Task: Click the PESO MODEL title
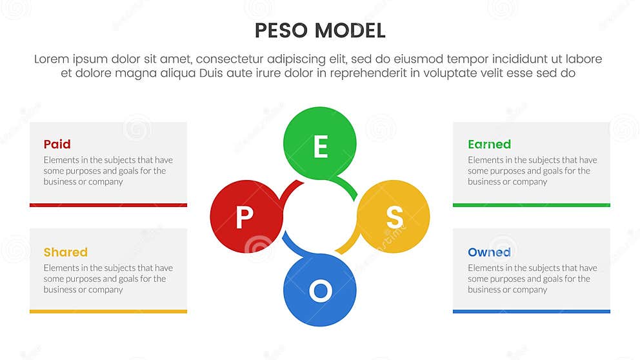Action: coord(320,30)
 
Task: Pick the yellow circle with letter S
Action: coord(394,217)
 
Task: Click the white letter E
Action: coord(320,148)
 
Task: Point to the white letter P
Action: coord(244,218)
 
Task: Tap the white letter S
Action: coord(394,218)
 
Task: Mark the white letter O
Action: coord(320,292)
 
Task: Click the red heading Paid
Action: coord(57,144)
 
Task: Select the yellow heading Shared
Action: coord(66,252)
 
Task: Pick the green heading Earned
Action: coord(489,144)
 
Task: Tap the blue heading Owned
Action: coord(489,252)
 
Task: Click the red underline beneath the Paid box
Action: coord(108,205)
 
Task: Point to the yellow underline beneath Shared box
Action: coord(108,312)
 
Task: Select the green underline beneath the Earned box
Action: coord(532,205)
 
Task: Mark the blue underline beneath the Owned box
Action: coord(532,312)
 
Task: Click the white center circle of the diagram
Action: coord(320,217)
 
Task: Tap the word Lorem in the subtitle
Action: coord(51,59)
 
